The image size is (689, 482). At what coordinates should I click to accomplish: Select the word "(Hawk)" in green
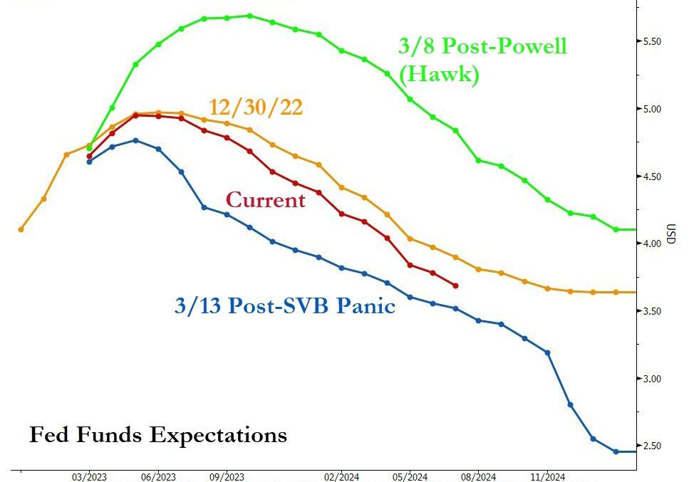click(x=439, y=74)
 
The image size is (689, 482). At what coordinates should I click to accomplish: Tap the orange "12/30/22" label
click(x=256, y=107)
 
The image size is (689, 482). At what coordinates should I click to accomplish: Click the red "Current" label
click(x=265, y=200)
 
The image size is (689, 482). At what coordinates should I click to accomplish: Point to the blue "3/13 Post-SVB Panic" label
click(x=285, y=306)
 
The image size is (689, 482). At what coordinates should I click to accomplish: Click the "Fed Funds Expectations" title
click(x=157, y=434)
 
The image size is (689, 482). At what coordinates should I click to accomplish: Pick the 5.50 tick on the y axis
click(x=653, y=41)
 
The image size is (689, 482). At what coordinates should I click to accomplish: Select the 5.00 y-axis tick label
click(x=653, y=109)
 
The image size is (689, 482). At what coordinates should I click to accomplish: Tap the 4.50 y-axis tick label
click(x=653, y=177)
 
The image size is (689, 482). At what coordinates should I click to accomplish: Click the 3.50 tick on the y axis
click(x=653, y=311)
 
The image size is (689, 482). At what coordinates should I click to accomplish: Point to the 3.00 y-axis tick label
click(x=653, y=379)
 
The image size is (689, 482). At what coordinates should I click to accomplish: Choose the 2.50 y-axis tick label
click(x=653, y=446)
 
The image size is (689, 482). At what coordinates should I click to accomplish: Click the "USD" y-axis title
click(x=670, y=234)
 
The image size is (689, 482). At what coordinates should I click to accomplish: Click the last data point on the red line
click(x=455, y=285)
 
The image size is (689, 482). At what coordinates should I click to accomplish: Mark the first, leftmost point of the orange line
click(x=21, y=229)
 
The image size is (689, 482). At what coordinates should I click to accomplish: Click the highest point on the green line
click(x=249, y=15)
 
